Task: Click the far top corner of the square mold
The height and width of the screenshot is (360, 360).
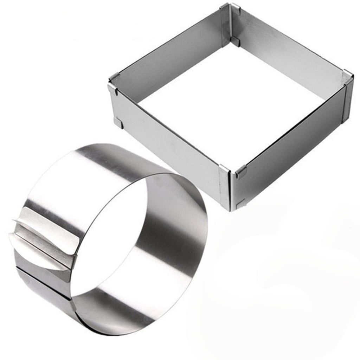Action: (x=227, y=7)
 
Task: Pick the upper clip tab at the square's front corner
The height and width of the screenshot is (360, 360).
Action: (x=241, y=172)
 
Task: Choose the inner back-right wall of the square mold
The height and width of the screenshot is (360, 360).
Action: (x=288, y=53)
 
